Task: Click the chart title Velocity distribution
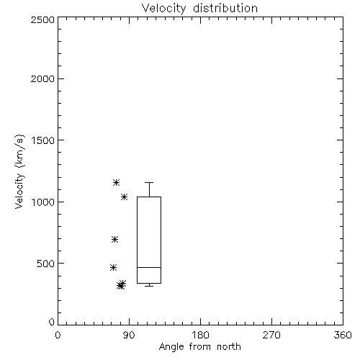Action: [199, 8]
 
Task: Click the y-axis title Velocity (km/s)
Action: [19, 171]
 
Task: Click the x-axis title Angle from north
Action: [199, 346]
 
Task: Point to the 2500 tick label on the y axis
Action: [42, 19]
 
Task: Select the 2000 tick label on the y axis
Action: [42, 78]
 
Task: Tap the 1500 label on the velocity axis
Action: [43, 140]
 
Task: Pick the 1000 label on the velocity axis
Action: [43, 202]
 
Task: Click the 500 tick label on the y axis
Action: [46, 264]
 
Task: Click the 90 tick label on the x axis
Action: [129, 335]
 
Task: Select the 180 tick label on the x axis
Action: [200, 335]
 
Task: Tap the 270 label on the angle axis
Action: [271, 335]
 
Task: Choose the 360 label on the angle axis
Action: [343, 335]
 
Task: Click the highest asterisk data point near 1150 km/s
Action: [116, 183]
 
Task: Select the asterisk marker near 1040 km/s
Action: [124, 197]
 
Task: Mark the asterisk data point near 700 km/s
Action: [114, 239]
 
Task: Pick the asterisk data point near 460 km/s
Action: [113, 267]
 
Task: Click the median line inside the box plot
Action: [149, 267]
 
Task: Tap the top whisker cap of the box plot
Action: [149, 183]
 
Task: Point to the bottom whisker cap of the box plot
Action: [149, 286]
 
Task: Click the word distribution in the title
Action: [225, 8]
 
